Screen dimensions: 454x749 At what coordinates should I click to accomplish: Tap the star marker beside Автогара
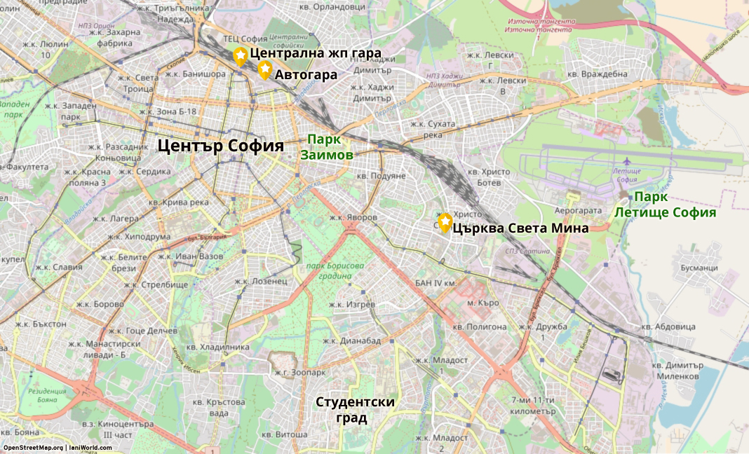click(x=264, y=69)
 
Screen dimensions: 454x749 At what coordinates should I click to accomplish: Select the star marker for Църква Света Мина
click(x=445, y=222)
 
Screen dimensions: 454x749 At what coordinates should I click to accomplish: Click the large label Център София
click(x=220, y=146)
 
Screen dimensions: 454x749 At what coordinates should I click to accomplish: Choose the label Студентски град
click(x=355, y=410)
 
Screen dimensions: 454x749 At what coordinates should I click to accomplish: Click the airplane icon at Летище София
click(x=627, y=163)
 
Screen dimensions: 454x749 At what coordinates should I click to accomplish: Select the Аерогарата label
click(x=579, y=210)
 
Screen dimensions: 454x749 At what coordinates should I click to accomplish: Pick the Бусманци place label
click(x=699, y=268)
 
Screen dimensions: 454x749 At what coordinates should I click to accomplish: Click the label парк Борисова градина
click(x=335, y=271)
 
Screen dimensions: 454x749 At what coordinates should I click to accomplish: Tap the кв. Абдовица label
click(x=673, y=326)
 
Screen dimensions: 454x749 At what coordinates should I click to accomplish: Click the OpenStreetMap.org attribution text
click(x=32, y=448)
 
